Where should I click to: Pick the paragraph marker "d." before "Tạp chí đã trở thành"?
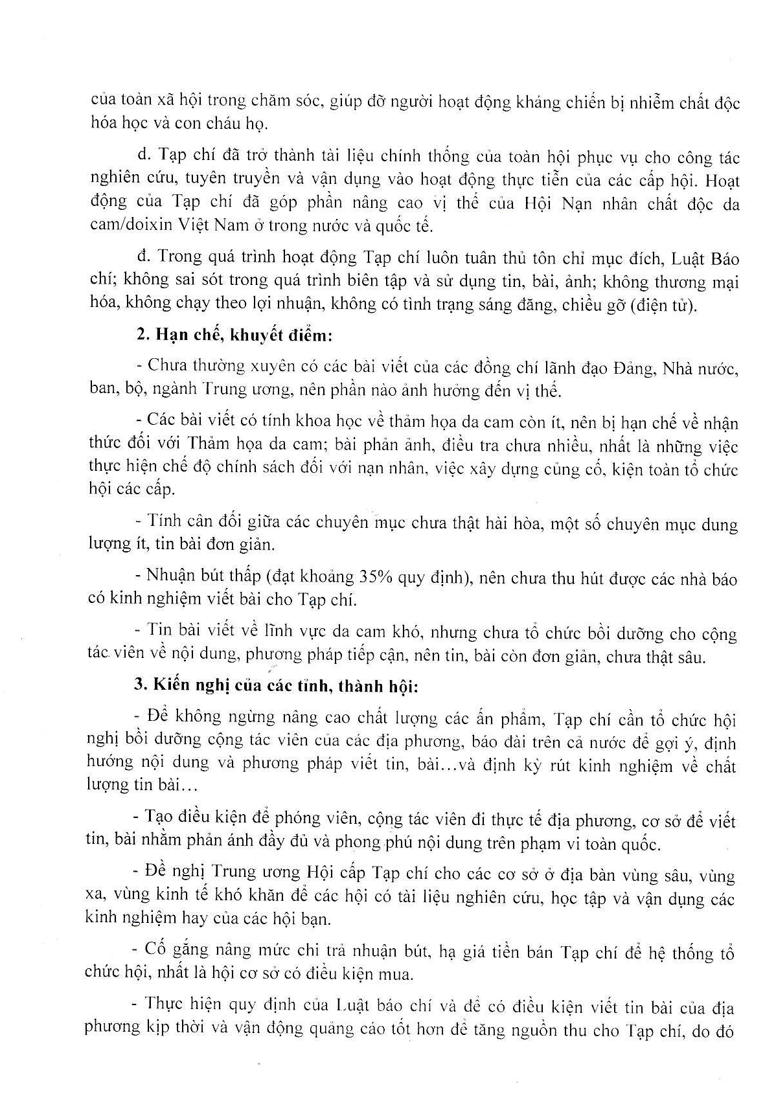coord(144,156)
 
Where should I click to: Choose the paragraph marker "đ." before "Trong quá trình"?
coord(144,257)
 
